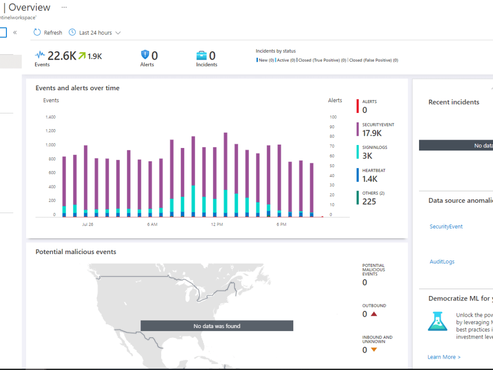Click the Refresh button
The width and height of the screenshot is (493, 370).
48,33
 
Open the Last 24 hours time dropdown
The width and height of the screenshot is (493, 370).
95,33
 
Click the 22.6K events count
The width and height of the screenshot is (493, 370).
62,56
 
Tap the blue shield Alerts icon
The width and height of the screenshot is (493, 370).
145,55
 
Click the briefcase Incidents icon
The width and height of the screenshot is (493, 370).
201,55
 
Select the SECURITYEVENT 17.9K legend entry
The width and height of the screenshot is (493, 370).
378,129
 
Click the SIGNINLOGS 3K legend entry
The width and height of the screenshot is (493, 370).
374,152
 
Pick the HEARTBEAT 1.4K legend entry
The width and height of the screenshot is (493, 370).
373,175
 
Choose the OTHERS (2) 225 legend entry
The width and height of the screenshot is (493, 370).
373,198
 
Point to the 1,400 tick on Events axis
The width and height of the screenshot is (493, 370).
50,117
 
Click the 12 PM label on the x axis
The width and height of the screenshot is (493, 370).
217,224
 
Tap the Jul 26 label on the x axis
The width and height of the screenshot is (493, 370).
88,224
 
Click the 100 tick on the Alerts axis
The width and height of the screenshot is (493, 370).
333,117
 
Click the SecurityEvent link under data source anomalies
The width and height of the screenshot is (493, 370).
446,227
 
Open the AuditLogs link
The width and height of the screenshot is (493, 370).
442,262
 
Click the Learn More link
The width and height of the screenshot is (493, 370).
444,357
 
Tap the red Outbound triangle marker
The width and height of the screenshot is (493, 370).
374,314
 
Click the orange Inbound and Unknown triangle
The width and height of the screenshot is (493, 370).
374,350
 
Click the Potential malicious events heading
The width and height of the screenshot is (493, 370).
76,252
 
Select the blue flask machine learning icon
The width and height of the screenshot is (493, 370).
437,321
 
